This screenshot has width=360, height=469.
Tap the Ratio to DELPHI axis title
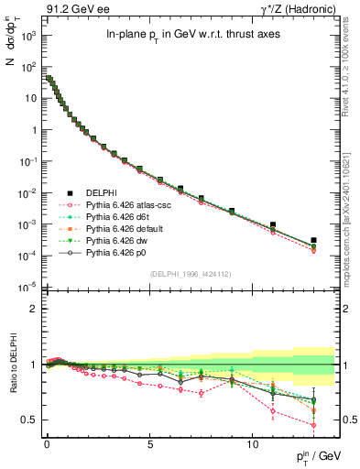(13, 364)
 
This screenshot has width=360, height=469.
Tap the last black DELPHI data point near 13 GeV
(313, 240)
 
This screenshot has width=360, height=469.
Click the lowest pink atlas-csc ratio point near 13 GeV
(313, 425)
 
